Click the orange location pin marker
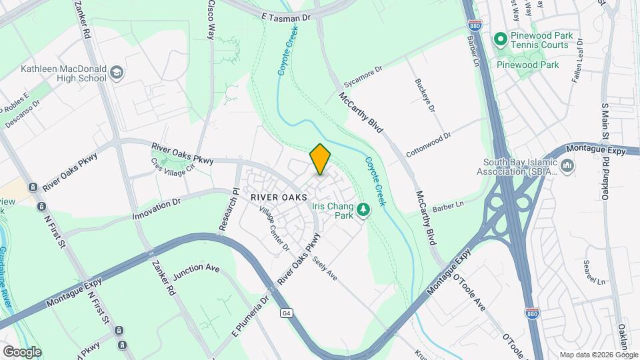320,159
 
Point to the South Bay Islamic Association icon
567,165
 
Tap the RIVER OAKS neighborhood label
279,197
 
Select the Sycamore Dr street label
363,77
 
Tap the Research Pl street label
228,209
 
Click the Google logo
22,351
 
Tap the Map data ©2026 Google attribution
598,355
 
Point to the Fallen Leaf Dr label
578,61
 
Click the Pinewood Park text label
528,65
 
